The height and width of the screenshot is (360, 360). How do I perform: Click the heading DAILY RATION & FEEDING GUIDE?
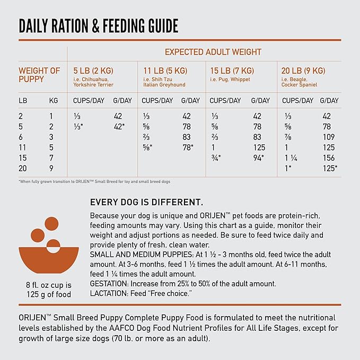(99, 26)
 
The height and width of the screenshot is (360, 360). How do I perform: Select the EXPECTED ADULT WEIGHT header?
(213, 52)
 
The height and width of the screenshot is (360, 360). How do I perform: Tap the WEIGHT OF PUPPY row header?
(40, 75)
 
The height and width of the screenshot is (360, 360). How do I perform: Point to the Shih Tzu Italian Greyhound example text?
(164, 82)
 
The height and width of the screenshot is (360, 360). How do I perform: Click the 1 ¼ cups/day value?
(291, 158)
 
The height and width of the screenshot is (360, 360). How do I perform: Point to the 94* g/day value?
(258, 158)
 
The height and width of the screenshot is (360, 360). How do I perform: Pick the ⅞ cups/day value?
(288, 137)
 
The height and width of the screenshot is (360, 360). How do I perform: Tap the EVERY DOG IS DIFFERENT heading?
(146, 203)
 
